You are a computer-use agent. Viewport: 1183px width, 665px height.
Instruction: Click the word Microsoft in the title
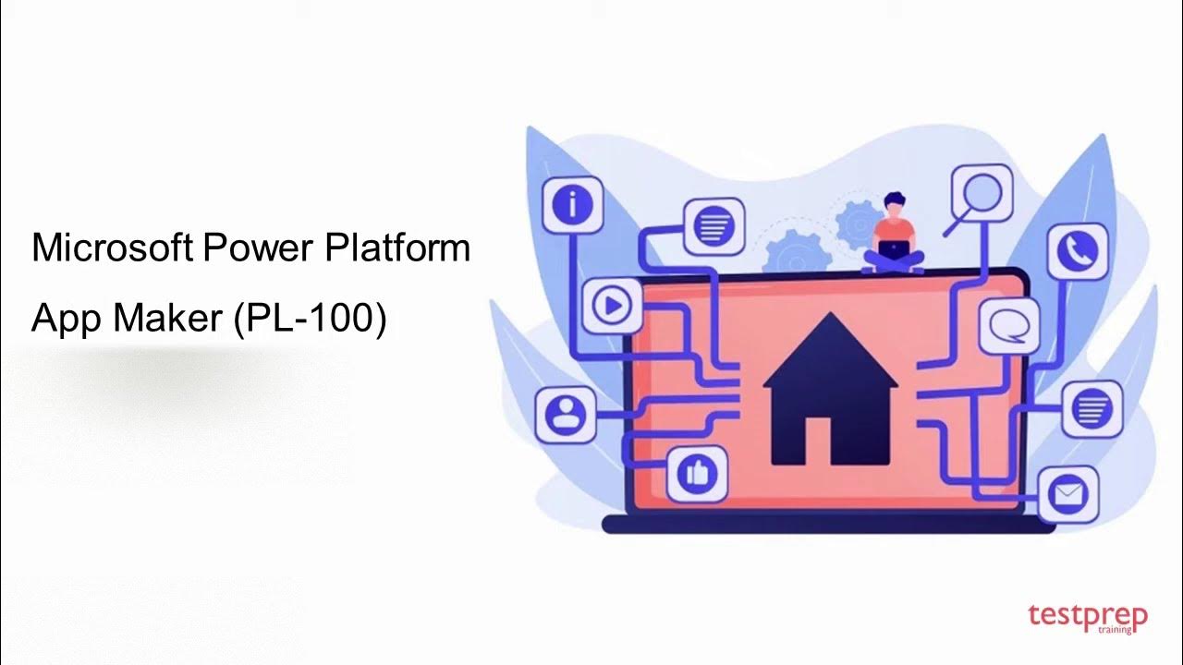(x=112, y=248)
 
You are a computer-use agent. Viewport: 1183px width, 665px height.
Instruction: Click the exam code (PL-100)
(x=311, y=318)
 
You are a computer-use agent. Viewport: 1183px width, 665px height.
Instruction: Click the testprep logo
(x=1087, y=617)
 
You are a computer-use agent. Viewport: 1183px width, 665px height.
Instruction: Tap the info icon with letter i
(x=572, y=204)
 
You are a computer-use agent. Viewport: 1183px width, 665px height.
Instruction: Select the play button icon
(x=612, y=305)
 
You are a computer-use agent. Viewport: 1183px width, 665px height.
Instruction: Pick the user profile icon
(x=566, y=414)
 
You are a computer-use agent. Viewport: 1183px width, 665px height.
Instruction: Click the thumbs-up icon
(x=697, y=475)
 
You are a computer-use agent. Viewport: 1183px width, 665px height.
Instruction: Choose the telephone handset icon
(x=1078, y=249)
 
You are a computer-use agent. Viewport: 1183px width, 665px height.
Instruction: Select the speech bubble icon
(x=1008, y=325)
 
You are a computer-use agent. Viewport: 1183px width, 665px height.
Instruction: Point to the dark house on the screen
(x=830, y=388)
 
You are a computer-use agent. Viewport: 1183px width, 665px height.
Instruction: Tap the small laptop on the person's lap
(x=893, y=249)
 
